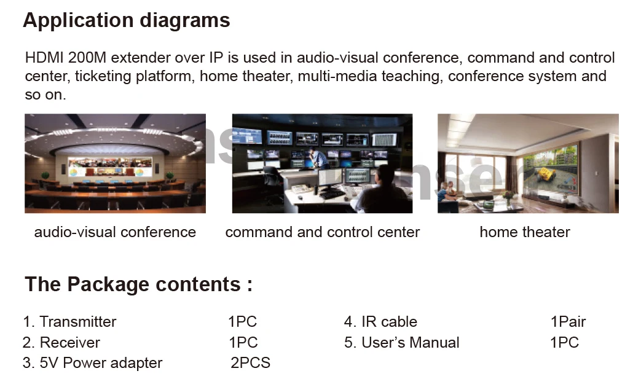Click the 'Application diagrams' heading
(127, 20)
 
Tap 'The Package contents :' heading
(138, 284)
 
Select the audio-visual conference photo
(116, 163)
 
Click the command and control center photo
(322, 163)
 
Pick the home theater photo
(528, 163)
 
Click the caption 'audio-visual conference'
(115, 232)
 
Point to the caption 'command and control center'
(323, 232)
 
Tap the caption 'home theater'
(525, 232)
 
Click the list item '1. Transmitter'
(70, 322)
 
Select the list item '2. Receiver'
(61, 342)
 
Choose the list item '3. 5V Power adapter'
(93, 363)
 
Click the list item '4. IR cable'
(380, 322)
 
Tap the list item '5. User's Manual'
(402, 342)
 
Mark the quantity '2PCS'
(251, 362)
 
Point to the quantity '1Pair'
(568, 322)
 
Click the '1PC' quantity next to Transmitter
(243, 322)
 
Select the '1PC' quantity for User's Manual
(565, 342)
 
